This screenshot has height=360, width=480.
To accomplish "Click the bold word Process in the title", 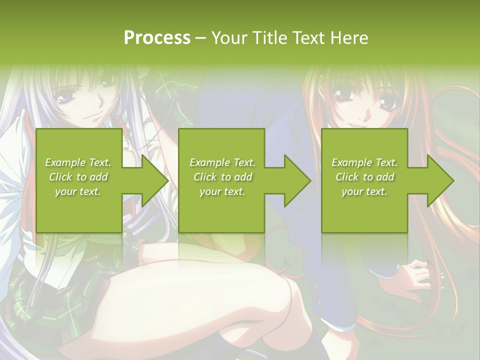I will tap(157, 38).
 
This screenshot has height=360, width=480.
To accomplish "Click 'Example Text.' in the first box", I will tap(78, 162).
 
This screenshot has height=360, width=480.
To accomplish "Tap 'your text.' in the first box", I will tap(78, 191).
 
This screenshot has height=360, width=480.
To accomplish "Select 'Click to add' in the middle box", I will tap(222, 177).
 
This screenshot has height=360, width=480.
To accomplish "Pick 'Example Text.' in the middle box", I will tap(222, 162).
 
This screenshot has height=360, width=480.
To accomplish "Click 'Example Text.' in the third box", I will tap(364, 162).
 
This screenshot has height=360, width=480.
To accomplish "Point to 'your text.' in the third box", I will tap(364, 191).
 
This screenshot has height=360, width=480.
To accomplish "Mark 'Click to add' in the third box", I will tap(364, 177).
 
